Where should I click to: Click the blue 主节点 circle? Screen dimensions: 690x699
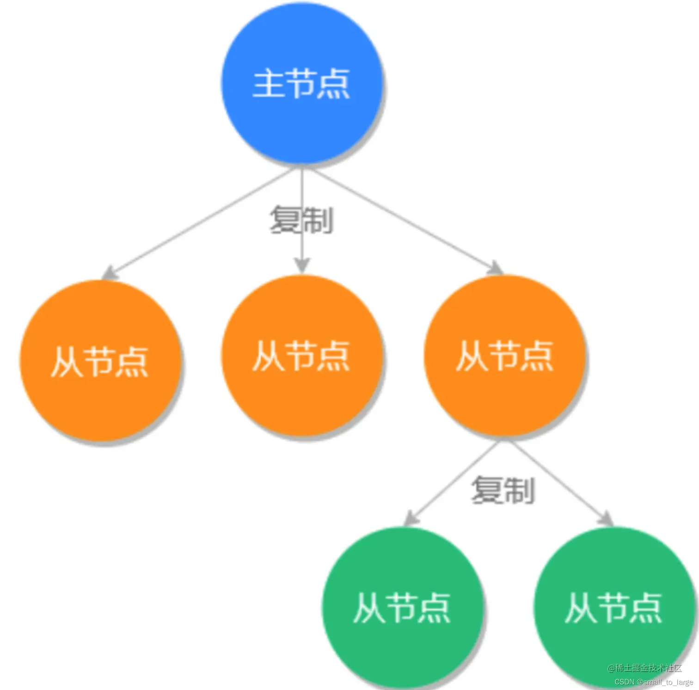(302, 83)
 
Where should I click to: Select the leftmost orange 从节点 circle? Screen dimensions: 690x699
(100, 361)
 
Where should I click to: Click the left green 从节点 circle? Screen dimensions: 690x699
(402, 607)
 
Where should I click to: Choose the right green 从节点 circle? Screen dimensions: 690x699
(614, 607)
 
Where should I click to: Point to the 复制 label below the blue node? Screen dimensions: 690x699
(301, 220)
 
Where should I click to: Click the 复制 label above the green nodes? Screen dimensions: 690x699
(503, 490)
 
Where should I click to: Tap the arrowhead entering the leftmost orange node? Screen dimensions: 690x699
(110, 273)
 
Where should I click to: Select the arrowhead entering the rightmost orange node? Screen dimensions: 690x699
(496, 269)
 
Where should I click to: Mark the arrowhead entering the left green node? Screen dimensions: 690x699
(410, 519)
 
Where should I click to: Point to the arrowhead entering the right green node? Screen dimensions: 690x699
(606, 519)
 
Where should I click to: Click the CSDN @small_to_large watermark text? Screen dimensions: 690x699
(653, 682)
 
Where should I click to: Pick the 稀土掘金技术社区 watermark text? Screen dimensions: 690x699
(644, 668)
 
